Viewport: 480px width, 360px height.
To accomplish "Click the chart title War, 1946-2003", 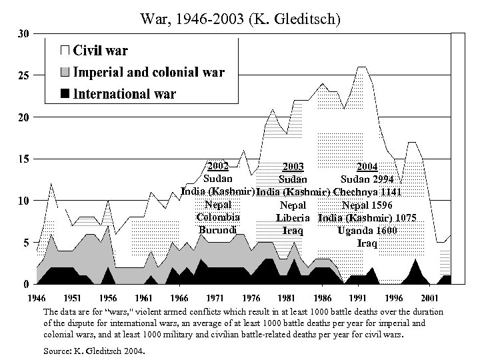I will pos(240,20).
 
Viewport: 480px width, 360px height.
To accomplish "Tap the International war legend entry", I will pos(123,93).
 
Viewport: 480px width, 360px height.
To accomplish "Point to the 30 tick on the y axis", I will pos(22,34).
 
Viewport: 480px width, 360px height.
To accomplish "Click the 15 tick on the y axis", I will pos(22,159).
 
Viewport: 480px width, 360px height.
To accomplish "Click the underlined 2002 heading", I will pos(218,166).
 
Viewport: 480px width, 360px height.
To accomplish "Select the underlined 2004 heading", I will pos(367,167).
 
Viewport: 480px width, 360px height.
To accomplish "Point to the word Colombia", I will pos(218,217).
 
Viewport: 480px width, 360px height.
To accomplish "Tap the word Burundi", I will pos(218,229).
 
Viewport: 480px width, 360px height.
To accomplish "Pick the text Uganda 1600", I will pos(367,230).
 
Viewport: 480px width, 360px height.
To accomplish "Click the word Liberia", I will pos(293,217).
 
